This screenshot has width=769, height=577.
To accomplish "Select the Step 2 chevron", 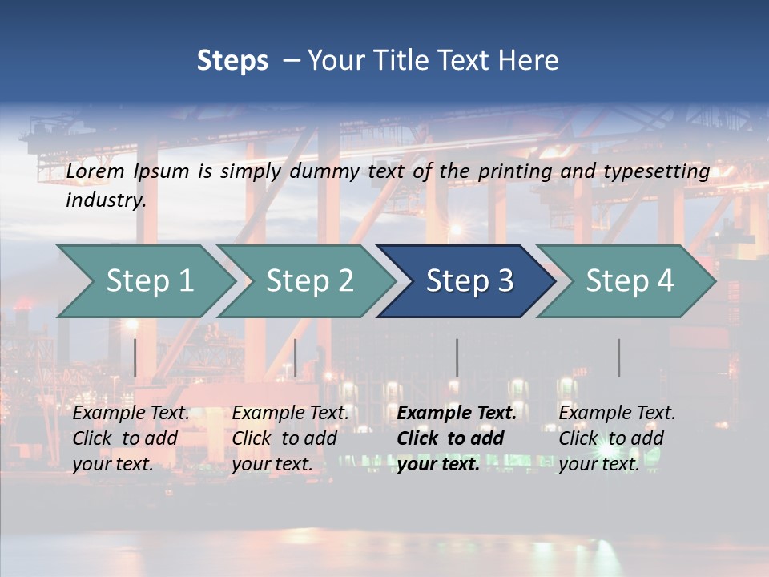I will (x=309, y=281).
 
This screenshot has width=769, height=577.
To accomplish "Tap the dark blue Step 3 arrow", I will (x=469, y=281).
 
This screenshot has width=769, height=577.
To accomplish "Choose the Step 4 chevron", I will (x=630, y=281).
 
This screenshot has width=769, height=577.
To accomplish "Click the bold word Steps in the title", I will (x=232, y=61).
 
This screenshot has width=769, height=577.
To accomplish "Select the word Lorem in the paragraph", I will (x=95, y=171).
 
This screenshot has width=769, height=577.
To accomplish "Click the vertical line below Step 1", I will (x=135, y=357).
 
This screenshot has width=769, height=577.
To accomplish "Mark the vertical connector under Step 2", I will (x=295, y=357).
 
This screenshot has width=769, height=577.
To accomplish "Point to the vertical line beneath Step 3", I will (x=457, y=357).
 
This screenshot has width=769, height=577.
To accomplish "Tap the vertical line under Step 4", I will (x=618, y=357).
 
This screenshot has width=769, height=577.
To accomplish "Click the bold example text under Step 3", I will (x=457, y=438).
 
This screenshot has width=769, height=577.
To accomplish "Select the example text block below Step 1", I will (x=131, y=438).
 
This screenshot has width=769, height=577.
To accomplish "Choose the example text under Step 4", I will (x=617, y=438).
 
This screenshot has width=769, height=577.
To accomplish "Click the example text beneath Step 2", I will (x=290, y=438).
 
